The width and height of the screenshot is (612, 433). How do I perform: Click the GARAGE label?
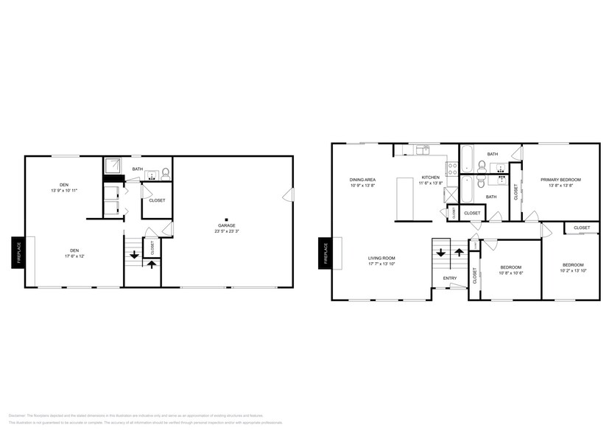click(x=226, y=225)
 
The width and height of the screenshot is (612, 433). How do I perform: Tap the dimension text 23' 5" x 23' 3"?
click(x=226, y=231)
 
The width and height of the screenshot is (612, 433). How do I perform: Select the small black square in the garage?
click(x=227, y=218)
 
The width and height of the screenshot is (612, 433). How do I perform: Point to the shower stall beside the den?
click(x=113, y=168)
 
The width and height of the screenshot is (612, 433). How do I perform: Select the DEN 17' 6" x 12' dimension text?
click(x=74, y=256)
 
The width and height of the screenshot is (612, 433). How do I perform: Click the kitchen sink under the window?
click(x=422, y=150)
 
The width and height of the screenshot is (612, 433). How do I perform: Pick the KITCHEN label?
click(x=430, y=177)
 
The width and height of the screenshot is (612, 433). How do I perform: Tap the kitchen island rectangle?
click(x=404, y=198)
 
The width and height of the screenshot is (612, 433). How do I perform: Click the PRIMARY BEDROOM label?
click(x=560, y=180)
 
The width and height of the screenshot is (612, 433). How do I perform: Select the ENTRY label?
click(x=449, y=278)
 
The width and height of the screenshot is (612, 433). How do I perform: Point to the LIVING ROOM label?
click(x=382, y=258)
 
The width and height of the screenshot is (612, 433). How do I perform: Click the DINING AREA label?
click(x=363, y=179)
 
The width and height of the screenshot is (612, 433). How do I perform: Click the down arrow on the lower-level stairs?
click(x=135, y=256)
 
